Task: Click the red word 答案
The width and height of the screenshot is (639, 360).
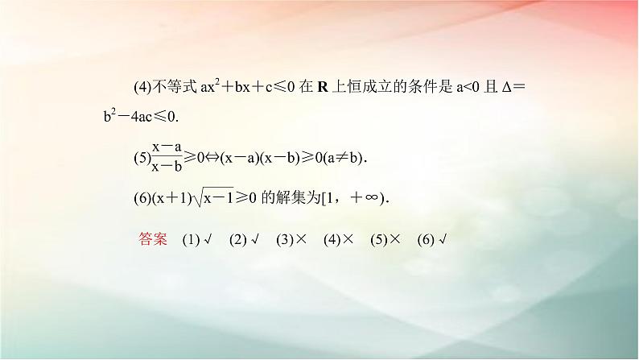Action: point(152,239)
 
